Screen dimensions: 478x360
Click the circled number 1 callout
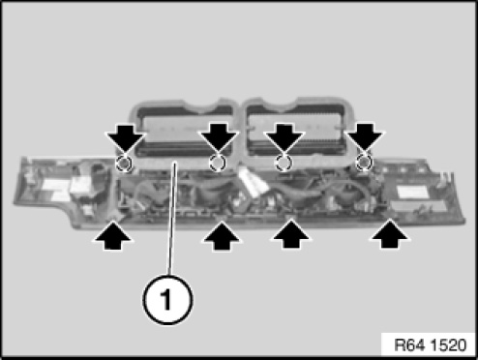[x=167, y=300]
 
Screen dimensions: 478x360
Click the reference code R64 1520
[x=431, y=345]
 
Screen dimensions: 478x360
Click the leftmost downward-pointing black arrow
[x=125, y=138]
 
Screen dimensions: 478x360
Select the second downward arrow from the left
[x=219, y=138]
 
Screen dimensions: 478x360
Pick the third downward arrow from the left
[x=284, y=138]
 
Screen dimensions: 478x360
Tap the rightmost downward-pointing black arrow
[x=365, y=138]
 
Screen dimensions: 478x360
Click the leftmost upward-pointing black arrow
[x=113, y=235]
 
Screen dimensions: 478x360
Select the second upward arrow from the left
[x=221, y=235]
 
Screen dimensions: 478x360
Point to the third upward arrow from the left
[x=291, y=234]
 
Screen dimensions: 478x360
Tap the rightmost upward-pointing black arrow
[x=390, y=234]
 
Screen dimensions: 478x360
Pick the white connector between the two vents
[x=254, y=182]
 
